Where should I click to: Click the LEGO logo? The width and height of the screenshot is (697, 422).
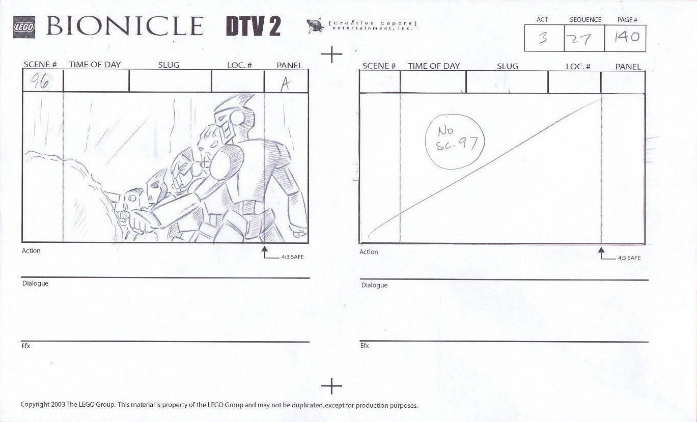point(24,27)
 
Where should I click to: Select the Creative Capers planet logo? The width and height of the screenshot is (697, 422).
point(315,25)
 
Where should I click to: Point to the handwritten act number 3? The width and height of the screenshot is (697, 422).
point(543,38)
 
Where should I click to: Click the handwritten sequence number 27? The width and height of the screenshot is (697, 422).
point(579,39)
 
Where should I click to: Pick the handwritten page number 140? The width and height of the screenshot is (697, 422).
point(627,37)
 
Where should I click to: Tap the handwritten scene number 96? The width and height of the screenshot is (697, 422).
point(40,81)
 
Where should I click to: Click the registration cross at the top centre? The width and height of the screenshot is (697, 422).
point(331,54)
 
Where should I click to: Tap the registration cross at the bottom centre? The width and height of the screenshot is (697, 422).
point(331,386)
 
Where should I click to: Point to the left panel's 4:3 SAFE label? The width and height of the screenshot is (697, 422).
point(292,257)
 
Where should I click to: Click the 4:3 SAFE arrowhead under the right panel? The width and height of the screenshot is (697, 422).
point(601,249)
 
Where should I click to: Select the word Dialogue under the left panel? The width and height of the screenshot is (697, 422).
point(35,284)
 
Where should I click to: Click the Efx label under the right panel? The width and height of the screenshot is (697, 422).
point(365,346)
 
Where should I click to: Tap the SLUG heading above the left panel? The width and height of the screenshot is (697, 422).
point(169,65)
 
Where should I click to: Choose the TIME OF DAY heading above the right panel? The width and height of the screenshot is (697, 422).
point(434,66)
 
